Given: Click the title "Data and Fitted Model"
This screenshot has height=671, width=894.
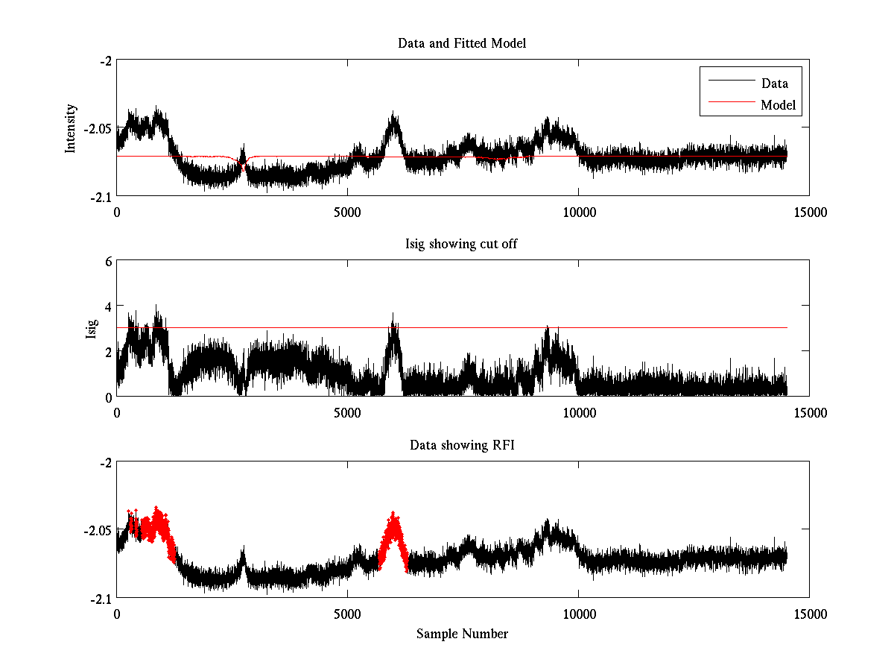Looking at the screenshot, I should tap(462, 43).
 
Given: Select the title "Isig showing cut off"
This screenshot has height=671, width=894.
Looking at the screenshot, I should tap(462, 245).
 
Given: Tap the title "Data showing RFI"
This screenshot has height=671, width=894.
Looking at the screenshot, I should tap(462, 445).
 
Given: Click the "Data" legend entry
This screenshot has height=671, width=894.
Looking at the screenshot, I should tap(774, 83).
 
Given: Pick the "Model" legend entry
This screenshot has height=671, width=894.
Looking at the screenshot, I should tap(778, 105).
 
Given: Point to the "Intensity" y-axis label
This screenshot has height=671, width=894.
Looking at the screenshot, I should tap(71, 127).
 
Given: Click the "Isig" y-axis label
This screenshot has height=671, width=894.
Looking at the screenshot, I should tap(92, 329).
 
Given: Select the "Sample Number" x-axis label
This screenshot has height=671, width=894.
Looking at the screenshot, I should tap(462, 634).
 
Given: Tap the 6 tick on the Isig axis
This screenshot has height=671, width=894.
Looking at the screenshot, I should tap(108, 261).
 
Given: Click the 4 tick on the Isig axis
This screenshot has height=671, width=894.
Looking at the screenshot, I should tap(108, 306).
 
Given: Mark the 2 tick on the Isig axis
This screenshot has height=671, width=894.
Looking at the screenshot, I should tap(108, 351).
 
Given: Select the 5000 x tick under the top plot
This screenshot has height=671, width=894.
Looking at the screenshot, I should tap(348, 212).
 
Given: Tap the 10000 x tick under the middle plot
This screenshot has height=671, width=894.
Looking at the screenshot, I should tap(579, 412).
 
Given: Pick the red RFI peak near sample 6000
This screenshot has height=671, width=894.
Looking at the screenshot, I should tap(393, 522).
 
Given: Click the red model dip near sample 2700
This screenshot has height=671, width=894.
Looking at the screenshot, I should tap(243, 166).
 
